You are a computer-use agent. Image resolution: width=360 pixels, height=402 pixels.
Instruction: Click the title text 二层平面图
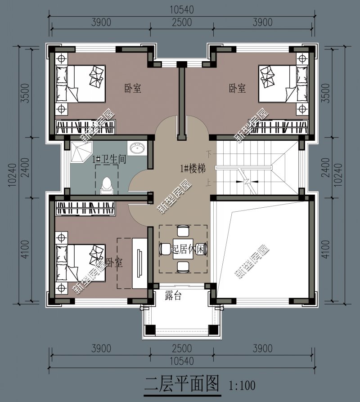click(181, 384)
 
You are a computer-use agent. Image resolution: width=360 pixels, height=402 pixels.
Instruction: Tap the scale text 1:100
click(242, 385)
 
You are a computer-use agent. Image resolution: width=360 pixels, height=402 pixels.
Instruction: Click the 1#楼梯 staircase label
click(193, 169)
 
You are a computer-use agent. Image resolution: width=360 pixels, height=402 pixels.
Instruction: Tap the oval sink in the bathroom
click(137, 148)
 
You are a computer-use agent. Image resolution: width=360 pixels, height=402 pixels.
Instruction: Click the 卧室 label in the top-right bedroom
click(237, 88)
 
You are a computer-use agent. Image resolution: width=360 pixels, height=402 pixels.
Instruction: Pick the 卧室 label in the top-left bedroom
click(133, 88)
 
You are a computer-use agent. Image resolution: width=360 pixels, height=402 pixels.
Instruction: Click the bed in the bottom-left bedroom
click(80, 263)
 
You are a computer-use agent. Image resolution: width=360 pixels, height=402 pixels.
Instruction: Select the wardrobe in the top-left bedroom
click(85, 126)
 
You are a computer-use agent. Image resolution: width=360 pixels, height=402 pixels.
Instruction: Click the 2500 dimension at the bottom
click(181, 348)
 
